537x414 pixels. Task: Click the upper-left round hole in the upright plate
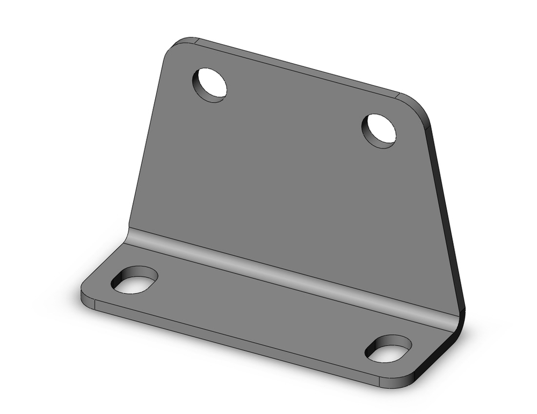coord(210,85)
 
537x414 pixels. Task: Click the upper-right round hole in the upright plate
coord(379,131)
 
